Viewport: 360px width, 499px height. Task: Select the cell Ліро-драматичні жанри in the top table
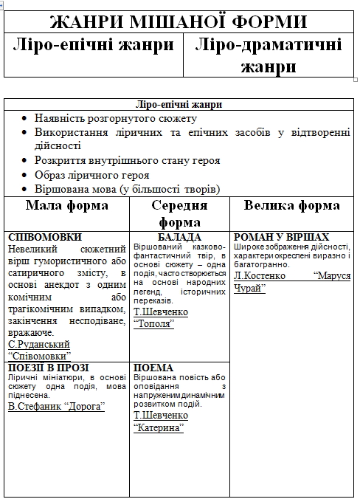click(x=269, y=55)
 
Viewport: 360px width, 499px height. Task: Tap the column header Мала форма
click(x=67, y=205)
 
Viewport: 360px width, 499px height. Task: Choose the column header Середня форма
click(x=179, y=213)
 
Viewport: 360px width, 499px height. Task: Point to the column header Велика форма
click(x=292, y=205)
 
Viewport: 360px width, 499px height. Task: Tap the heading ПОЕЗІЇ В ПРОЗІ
click(x=48, y=368)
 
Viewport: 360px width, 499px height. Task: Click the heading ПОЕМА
click(x=153, y=368)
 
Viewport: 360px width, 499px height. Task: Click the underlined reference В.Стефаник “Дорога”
click(x=56, y=406)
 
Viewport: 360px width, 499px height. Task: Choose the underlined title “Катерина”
click(x=158, y=427)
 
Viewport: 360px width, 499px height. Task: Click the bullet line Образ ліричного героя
click(x=91, y=175)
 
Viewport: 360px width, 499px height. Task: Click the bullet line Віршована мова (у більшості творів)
click(x=127, y=189)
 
